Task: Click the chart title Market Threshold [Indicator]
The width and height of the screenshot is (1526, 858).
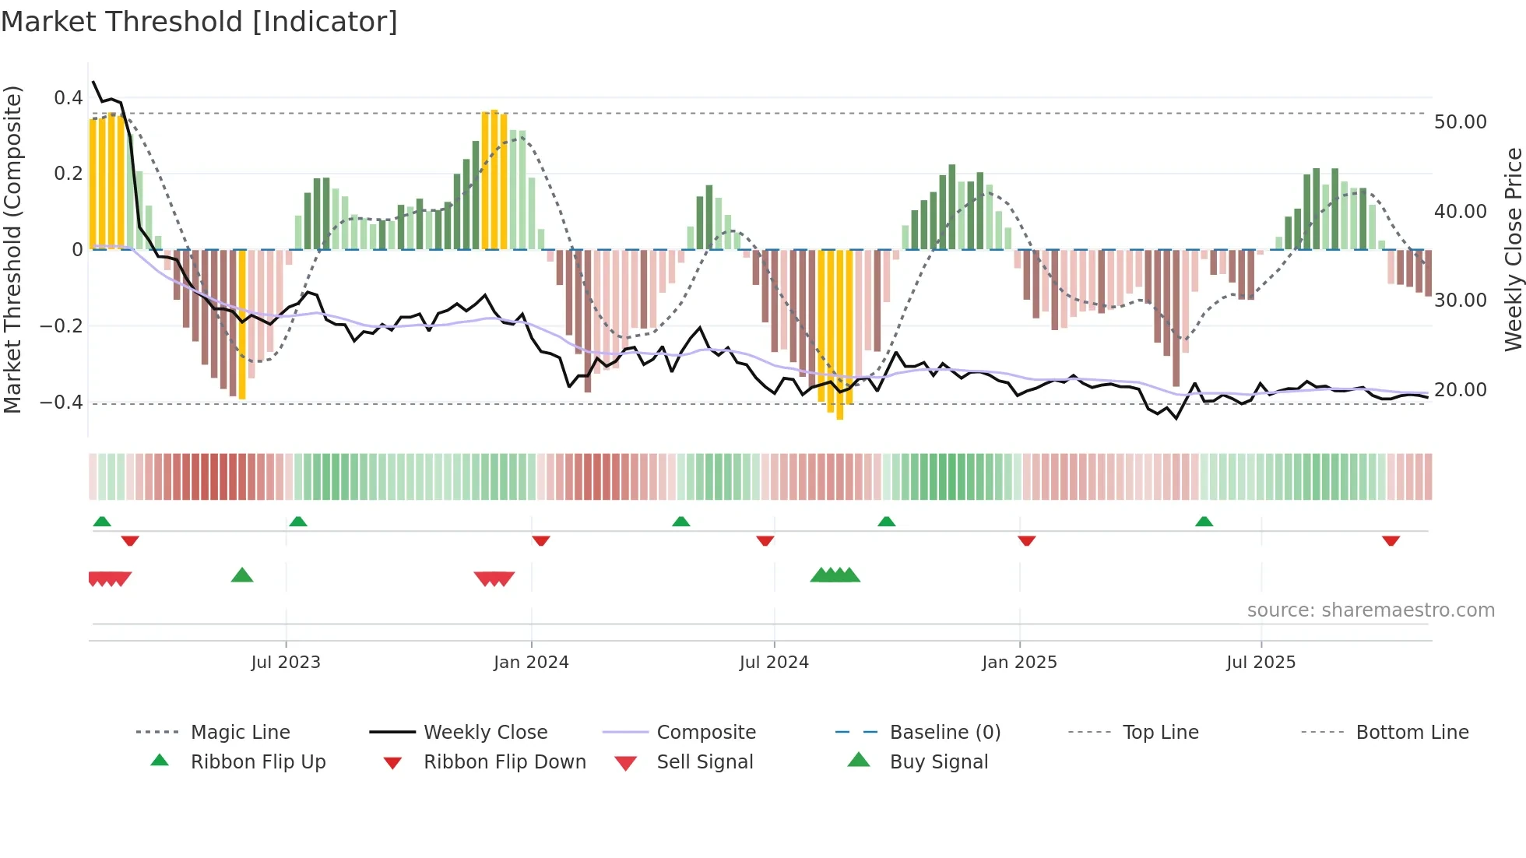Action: tap(199, 22)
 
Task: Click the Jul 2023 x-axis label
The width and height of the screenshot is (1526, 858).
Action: tap(286, 663)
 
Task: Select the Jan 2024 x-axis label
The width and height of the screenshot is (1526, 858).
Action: tap(531, 663)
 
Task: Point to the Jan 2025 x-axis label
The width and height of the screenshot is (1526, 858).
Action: tap(1019, 663)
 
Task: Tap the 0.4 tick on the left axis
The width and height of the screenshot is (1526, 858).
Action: tap(69, 98)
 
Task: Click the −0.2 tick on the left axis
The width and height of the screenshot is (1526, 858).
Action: tap(62, 326)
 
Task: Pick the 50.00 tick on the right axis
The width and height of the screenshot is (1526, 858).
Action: tap(1460, 122)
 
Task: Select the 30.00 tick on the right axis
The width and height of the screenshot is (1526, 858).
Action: tap(1460, 301)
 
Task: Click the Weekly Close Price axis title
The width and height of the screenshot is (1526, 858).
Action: tap(1513, 249)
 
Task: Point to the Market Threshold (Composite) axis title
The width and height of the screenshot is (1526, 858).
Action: tap(12, 249)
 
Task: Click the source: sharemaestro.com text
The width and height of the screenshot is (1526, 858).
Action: tap(1370, 610)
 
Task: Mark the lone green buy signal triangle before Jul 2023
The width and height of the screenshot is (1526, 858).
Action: tap(242, 575)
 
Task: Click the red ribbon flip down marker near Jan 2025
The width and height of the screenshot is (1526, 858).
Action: tap(1026, 540)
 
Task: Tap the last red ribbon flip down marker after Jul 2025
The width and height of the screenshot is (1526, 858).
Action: tap(1391, 540)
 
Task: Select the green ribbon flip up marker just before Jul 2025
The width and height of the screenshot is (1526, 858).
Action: tap(1204, 521)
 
